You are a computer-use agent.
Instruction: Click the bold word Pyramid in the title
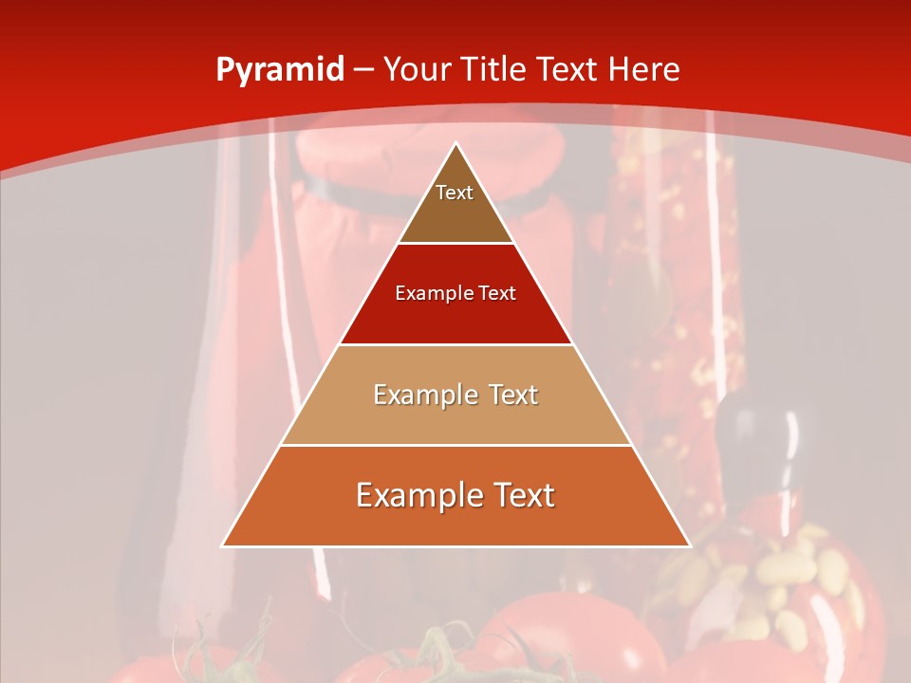280,70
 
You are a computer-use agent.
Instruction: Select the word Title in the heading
495,70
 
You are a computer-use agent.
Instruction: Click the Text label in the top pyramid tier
455,193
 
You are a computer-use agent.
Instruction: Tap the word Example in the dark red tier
430,293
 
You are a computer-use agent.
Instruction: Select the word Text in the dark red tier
496,293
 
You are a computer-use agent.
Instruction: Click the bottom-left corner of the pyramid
222,546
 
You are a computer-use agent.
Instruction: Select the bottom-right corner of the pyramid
690,546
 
